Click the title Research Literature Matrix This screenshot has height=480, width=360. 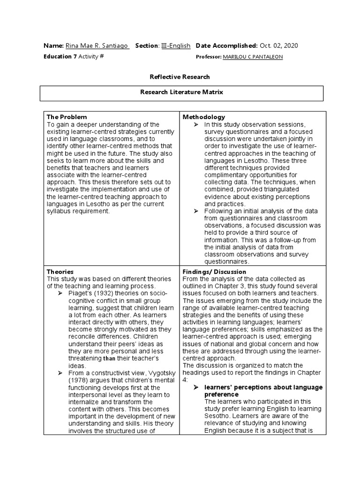[181, 92]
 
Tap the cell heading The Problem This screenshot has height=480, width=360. [67, 117]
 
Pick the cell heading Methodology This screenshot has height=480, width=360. [204, 117]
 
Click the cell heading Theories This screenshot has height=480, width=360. [60, 271]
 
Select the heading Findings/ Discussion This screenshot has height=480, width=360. [214, 271]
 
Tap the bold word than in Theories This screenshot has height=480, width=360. [110, 359]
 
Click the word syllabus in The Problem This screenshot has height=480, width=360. [59, 211]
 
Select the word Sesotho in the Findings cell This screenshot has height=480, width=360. [217, 416]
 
